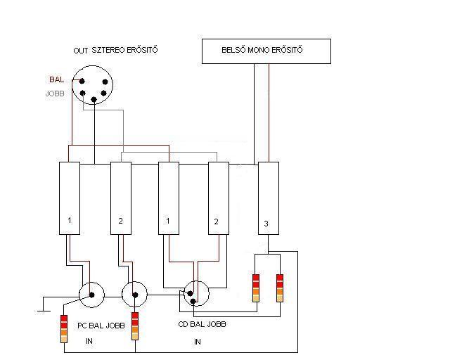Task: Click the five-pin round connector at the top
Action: pyautogui.click(x=94, y=86)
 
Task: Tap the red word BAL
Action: pyautogui.click(x=58, y=80)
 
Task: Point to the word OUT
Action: pyautogui.click(x=81, y=51)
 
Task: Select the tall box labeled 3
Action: pyautogui.click(x=269, y=198)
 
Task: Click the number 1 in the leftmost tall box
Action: pyautogui.click(x=69, y=221)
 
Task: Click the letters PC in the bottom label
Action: pyautogui.click(x=82, y=326)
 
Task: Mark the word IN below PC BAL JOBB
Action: pyautogui.click(x=89, y=340)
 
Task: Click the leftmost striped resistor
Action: pyautogui.click(x=64, y=328)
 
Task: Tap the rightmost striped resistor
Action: pyautogui.click(x=279, y=286)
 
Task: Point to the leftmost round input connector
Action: pyautogui.click(x=92, y=295)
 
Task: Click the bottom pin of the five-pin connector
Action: pyautogui.click(x=94, y=101)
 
